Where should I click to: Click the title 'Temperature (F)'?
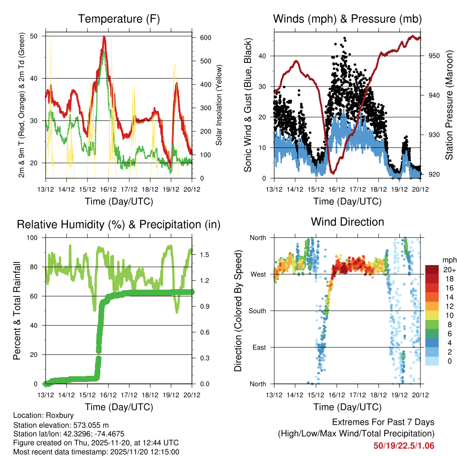coord(119,19)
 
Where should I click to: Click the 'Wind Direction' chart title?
coord(347,222)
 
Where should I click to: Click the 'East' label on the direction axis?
coord(260,347)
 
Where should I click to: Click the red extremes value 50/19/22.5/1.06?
coord(404,445)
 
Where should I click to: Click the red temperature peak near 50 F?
coord(104,37)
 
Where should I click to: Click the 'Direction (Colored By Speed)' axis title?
coord(238,311)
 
